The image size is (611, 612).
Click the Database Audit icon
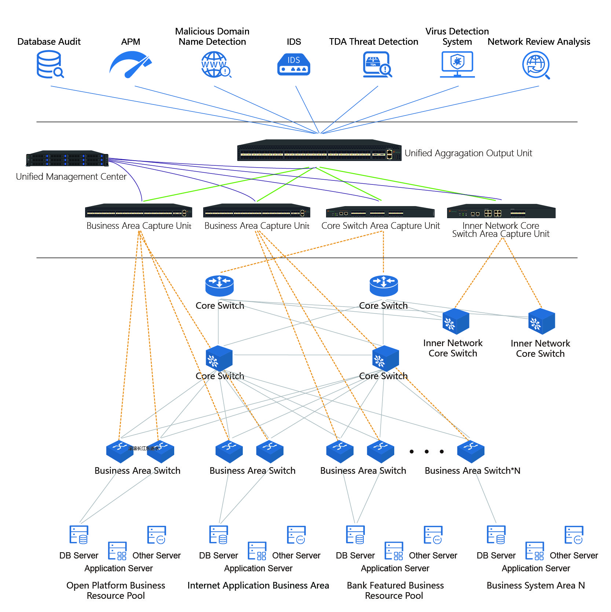tap(50, 65)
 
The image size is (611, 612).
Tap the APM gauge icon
tap(130, 65)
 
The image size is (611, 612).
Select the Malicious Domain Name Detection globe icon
tap(215, 65)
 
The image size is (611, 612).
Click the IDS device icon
tap(294, 65)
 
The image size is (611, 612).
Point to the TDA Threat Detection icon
tap(377, 65)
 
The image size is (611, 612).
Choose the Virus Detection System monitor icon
tap(457, 65)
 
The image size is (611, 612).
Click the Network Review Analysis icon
tap(536, 65)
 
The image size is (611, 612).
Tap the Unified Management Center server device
tap(67, 159)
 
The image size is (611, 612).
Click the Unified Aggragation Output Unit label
tap(468, 153)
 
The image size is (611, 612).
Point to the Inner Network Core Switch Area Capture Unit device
tap(501, 212)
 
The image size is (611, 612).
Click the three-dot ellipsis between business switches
tap(427, 451)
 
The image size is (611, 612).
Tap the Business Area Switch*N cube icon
tap(471, 451)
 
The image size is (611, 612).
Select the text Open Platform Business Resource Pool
tap(116, 590)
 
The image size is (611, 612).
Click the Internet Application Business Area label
tap(258, 586)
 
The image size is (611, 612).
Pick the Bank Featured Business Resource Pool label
tap(395, 590)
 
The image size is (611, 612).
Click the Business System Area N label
tap(535, 586)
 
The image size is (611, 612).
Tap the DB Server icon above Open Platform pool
tap(79, 535)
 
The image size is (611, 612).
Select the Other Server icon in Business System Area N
tap(574, 535)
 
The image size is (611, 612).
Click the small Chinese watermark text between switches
tap(144, 448)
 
